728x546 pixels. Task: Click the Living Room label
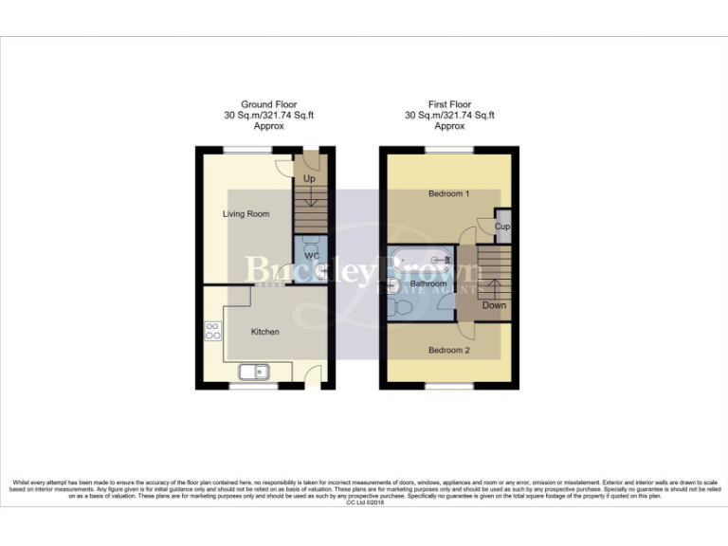click(246, 214)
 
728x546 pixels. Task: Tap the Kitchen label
click(264, 333)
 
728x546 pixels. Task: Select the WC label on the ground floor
click(311, 256)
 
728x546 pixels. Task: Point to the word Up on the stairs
click(309, 178)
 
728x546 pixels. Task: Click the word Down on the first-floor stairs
click(494, 305)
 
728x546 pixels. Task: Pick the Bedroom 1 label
click(449, 194)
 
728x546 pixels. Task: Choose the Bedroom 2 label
click(449, 351)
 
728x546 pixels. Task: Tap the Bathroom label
click(428, 283)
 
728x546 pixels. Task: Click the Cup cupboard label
click(502, 227)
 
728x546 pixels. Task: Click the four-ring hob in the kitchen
click(213, 331)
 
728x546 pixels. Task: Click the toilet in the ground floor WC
click(311, 274)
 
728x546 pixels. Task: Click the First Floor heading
click(450, 104)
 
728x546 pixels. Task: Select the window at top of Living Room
click(248, 149)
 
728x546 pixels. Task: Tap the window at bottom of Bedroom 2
click(449, 387)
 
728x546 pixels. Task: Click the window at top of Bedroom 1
click(449, 149)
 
